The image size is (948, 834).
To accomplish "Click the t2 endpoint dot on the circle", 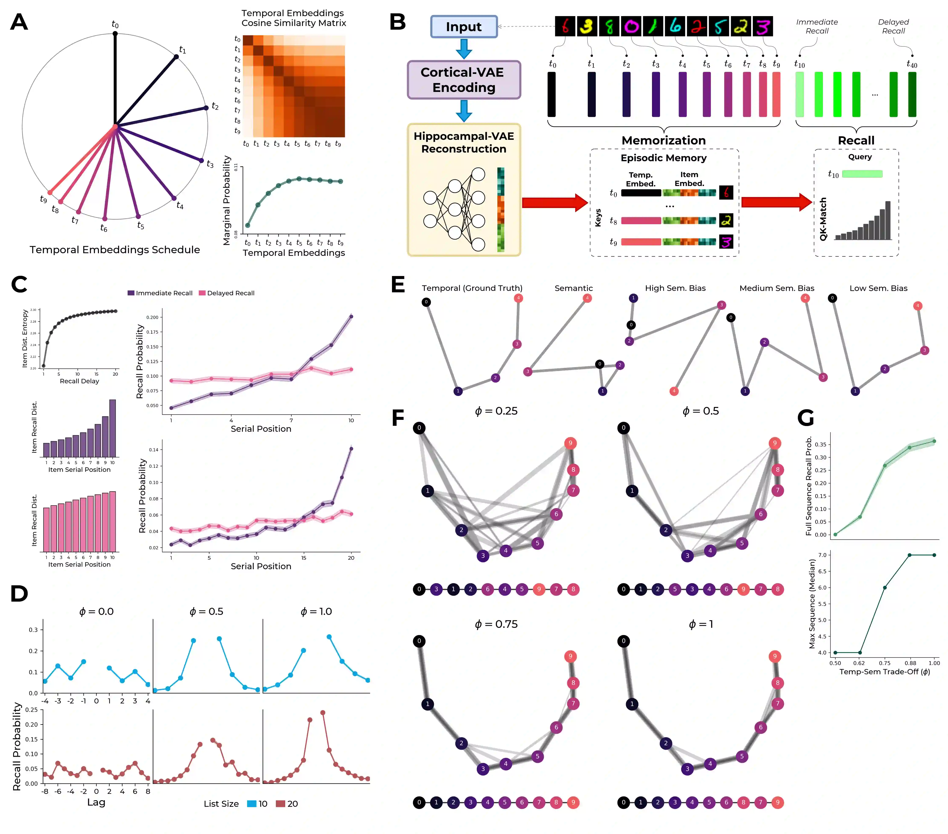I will pyautogui.click(x=206, y=108).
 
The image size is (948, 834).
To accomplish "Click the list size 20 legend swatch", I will pyautogui.click(x=280, y=803).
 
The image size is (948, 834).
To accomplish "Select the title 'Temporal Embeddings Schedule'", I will pyautogui.click(x=115, y=250).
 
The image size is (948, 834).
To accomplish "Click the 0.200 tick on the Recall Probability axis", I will pyautogui.click(x=152, y=318).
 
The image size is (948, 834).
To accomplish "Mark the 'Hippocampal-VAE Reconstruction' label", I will pyautogui.click(x=464, y=143).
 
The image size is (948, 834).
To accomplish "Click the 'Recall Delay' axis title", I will pyautogui.click(x=79, y=381).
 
